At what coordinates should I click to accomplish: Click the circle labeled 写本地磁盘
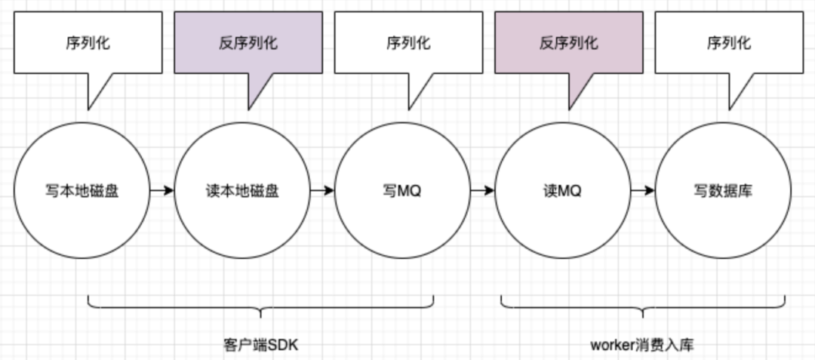pos(81,191)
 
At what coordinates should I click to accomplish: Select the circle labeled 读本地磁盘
pos(242,191)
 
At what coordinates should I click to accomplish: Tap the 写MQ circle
pos(402,191)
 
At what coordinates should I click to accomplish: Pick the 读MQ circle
pos(562,191)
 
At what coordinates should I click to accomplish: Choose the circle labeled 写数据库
pos(722,191)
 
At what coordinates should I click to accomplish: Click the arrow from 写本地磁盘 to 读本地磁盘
pos(161,191)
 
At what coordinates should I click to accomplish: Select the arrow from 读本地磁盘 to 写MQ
pos(322,191)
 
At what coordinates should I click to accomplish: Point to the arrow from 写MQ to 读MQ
pos(482,191)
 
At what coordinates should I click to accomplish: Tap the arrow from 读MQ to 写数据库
pos(642,191)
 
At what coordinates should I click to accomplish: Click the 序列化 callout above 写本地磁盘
pos(88,43)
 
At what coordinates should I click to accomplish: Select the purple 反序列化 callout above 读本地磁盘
pos(248,43)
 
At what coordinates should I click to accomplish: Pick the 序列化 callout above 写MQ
pos(408,43)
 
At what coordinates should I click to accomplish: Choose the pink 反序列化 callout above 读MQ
pos(568,43)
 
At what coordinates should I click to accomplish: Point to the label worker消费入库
pos(641,345)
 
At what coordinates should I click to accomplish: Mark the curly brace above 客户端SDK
pos(261,306)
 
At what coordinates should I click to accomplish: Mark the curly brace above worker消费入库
pos(643,306)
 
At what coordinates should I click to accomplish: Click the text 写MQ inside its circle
pos(402,191)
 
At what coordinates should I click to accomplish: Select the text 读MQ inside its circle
pos(562,191)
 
